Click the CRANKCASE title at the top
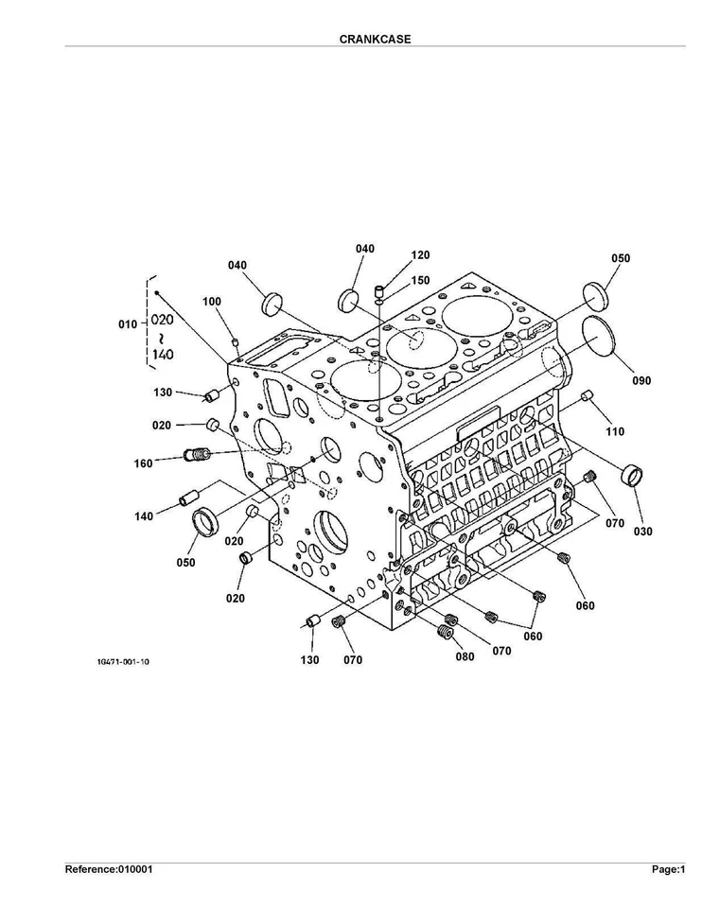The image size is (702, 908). point(375,40)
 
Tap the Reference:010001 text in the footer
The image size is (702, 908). point(109,869)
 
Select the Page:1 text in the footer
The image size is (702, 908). point(667,869)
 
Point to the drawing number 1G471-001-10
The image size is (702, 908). point(122,662)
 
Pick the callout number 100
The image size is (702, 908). point(212,302)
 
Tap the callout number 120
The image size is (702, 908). point(420,255)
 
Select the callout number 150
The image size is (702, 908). point(420,281)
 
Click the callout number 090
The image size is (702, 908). point(641,381)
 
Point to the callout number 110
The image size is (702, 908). point(616,431)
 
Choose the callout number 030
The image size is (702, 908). point(643,532)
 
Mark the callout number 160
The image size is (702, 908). point(144,463)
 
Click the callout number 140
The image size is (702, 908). point(144,516)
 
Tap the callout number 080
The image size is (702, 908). point(465,655)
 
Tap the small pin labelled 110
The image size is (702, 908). point(587,395)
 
